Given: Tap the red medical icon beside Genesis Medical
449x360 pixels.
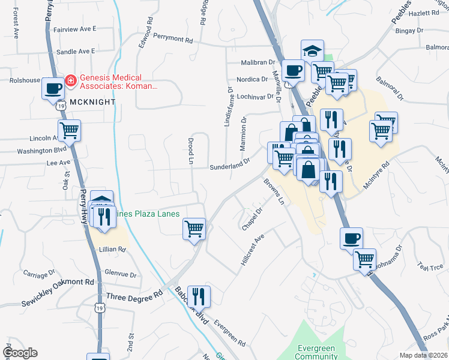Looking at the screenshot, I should [x=71, y=79].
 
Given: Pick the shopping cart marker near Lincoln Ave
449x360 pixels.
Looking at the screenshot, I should [x=70, y=130].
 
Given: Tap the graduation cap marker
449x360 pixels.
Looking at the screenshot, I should [x=312, y=50].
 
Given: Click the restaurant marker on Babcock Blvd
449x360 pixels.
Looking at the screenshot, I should [x=199, y=296].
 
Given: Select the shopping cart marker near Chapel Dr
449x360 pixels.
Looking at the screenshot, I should [x=194, y=229].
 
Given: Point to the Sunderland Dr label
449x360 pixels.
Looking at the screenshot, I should [x=229, y=165].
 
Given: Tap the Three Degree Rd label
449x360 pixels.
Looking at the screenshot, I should [x=134, y=296].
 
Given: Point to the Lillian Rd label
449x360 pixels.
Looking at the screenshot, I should [x=113, y=250].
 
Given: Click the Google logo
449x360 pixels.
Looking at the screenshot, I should [x=20, y=353].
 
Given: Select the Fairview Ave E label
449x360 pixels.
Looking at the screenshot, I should [x=74, y=29].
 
